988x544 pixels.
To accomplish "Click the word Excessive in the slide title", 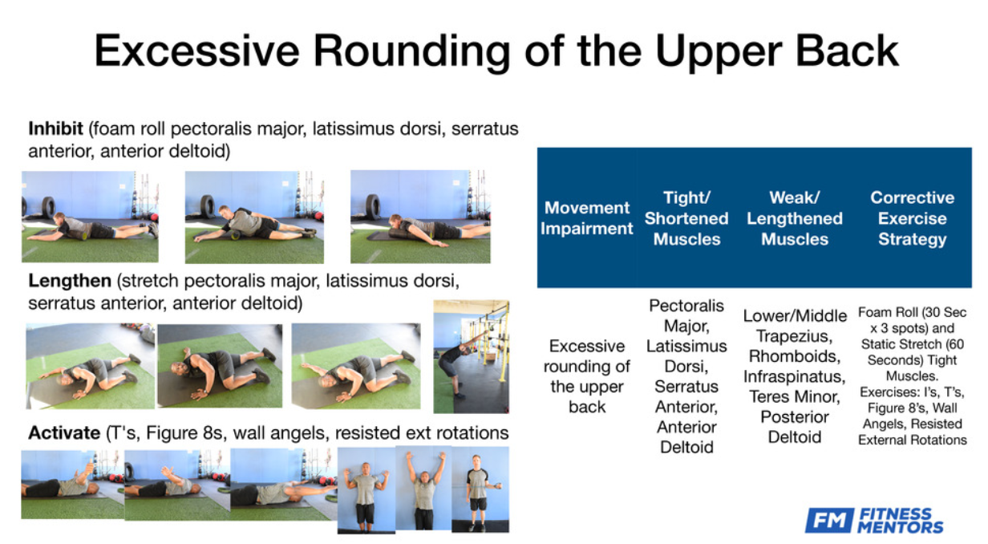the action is click(x=196, y=51).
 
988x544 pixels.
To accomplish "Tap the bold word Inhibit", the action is click(x=55, y=129).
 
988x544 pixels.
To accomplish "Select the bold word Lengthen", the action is click(x=70, y=281).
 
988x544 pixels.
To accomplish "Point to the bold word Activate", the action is click(x=64, y=432).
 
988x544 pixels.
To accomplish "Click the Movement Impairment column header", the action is click(x=587, y=218).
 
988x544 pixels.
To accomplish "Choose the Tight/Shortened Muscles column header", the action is click(x=686, y=218).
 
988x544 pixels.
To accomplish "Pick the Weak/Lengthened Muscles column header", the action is click(x=795, y=218).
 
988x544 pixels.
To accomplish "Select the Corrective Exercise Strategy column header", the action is click(x=912, y=218).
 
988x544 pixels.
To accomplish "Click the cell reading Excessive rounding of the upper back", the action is click(x=587, y=376).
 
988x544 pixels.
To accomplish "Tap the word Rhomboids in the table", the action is click(x=795, y=356).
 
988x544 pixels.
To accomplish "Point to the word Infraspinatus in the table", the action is click(x=795, y=376).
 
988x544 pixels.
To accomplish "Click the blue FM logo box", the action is click(x=828, y=521).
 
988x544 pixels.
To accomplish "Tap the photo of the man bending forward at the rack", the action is click(x=471, y=356).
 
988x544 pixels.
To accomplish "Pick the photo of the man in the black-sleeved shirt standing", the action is click(x=480, y=489).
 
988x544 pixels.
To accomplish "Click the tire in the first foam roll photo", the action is click(x=48, y=207).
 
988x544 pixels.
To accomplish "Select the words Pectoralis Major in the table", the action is click(x=686, y=316).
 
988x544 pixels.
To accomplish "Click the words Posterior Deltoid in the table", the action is click(x=795, y=427).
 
